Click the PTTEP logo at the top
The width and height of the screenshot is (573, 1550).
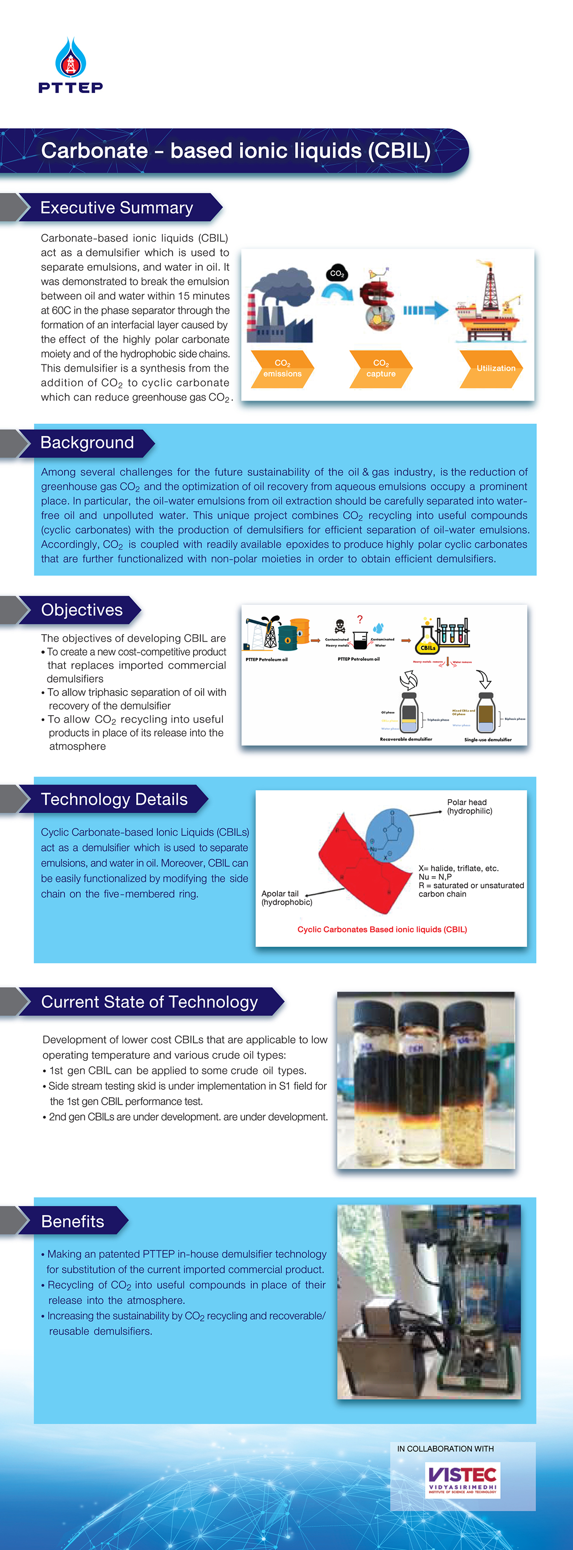tap(70, 66)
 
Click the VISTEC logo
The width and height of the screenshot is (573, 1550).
tap(462, 1480)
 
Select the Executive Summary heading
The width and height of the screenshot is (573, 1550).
tap(117, 208)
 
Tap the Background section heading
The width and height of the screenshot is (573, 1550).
tap(87, 443)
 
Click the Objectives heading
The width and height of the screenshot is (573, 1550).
tap(82, 610)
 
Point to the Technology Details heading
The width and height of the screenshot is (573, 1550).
tap(114, 799)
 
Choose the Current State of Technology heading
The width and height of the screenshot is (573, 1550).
tap(150, 1002)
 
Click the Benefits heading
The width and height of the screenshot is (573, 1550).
tap(73, 1221)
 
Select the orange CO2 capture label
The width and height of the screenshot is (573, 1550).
tap(380, 368)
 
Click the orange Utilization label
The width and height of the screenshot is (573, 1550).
tap(495, 368)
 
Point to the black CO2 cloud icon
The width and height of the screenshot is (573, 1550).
tap(338, 274)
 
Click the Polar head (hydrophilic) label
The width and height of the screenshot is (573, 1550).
tap(469, 806)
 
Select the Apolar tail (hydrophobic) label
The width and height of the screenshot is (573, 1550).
tap(286, 898)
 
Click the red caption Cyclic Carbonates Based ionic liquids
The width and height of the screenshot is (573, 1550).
tap(382, 929)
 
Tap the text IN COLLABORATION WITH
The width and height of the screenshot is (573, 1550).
tap(445, 1448)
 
